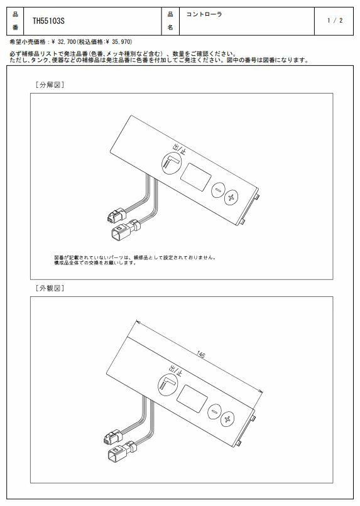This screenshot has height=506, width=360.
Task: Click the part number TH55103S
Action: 48,21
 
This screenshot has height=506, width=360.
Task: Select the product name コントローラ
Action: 204,14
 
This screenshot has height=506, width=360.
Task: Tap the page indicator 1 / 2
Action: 335,20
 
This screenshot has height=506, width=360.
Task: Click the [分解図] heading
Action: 50,85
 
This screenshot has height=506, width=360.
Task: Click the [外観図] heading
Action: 50,288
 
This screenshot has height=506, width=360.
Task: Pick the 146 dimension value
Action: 200,355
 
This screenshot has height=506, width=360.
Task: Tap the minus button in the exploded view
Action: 217,189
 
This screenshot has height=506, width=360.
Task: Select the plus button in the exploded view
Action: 231,197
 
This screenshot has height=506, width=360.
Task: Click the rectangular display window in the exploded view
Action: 195,177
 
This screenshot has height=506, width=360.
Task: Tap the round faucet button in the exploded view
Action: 171,163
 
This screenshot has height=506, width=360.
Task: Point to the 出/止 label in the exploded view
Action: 179,149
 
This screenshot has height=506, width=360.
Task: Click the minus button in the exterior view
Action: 214,412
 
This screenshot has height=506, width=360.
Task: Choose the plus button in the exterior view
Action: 227,419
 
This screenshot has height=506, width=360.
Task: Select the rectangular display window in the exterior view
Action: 192,399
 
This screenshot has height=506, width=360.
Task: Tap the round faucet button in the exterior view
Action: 168,385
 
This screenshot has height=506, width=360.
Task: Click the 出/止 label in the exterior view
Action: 175,371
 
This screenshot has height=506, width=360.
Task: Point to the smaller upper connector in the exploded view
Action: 116,215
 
